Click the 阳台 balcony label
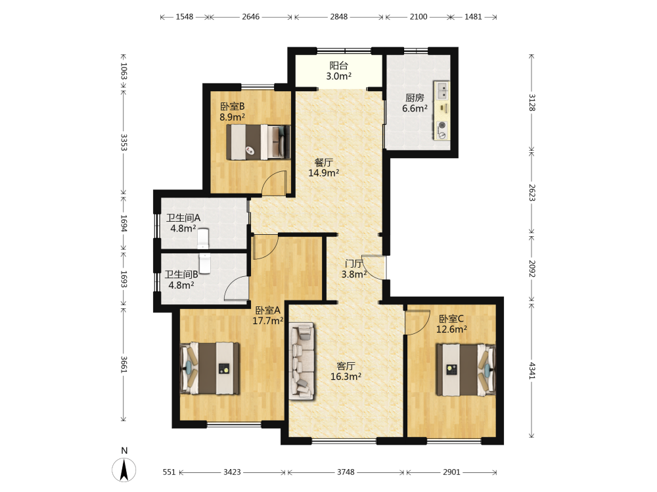(x=338, y=65)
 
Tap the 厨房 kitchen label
(x=415, y=98)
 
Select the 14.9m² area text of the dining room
(x=323, y=173)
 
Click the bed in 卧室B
(x=258, y=142)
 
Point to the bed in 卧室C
(x=466, y=369)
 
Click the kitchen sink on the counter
(x=442, y=91)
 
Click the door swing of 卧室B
(x=274, y=183)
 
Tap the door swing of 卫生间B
(x=237, y=288)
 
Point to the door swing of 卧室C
(x=417, y=323)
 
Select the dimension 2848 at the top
(x=338, y=17)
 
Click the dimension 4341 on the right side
(x=532, y=371)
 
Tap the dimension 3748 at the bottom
(x=346, y=472)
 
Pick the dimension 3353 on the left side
(x=124, y=142)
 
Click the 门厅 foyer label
(x=354, y=264)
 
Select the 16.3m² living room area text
(x=346, y=377)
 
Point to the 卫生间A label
(x=183, y=218)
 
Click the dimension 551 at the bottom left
(x=169, y=472)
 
